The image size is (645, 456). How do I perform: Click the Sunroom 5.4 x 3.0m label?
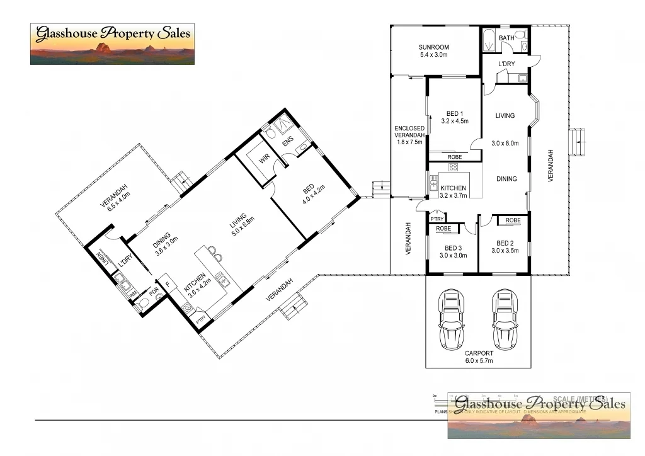coord(434,51)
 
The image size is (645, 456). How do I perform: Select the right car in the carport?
coord(505,319)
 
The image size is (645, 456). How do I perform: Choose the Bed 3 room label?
coord(453,251)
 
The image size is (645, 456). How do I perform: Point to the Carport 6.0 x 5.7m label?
coord(478,357)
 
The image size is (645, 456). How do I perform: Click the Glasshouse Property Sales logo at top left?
coord(112,43)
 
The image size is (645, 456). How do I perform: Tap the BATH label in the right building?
coord(506,38)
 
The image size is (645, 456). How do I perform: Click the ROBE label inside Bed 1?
coord(455,157)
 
